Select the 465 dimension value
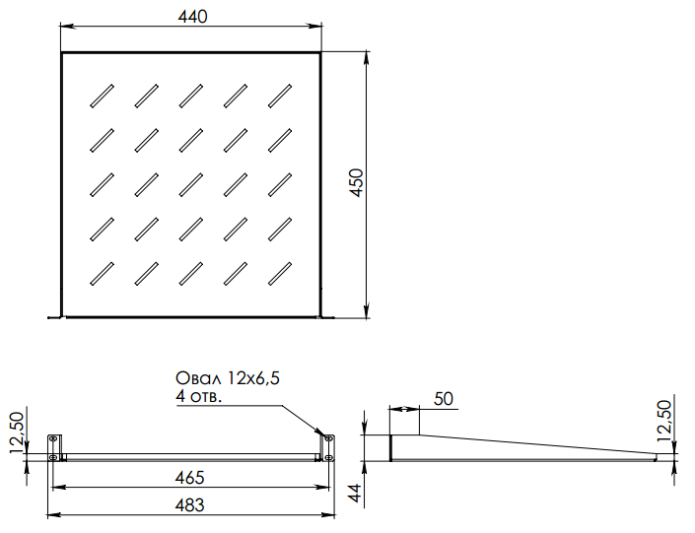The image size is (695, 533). coord(189,478)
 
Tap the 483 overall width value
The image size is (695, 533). coord(189,505)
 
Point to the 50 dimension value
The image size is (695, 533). coord(444,399)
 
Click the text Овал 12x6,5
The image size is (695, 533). coord(235,377)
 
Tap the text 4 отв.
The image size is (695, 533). coord(198,396)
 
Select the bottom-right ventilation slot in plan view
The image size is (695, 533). coord(281,272)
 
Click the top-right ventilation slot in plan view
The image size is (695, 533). coord(281,95)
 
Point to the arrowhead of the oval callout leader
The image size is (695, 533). coord(322,434)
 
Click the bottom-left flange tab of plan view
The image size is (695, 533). coord(54,316)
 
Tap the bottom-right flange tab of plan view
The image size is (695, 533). coord(328,316)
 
